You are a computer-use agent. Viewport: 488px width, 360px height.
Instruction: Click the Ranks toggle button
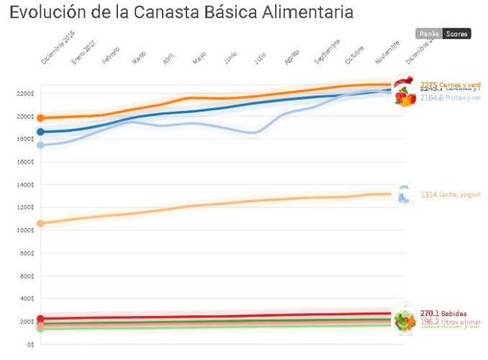point(429,34)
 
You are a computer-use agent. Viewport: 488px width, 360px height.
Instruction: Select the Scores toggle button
point(457,34)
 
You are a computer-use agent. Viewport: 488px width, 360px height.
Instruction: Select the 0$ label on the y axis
point(30,344)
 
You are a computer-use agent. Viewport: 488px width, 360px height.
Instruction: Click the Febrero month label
point(111,56)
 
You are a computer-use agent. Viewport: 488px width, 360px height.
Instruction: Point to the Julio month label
point(261,58)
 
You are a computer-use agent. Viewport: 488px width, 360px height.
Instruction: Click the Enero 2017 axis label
point(83,53)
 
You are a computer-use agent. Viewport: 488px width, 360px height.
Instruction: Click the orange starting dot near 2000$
point(41,117)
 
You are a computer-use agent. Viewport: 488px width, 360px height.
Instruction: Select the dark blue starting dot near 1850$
point(41,132)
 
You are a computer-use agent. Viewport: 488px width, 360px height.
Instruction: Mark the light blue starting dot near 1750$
point(41,145)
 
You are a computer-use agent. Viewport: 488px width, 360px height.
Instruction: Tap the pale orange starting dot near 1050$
point(41,223)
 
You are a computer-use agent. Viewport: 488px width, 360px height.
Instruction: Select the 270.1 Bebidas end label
point(443,313)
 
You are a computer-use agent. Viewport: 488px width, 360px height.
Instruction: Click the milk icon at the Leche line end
point(405,194)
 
